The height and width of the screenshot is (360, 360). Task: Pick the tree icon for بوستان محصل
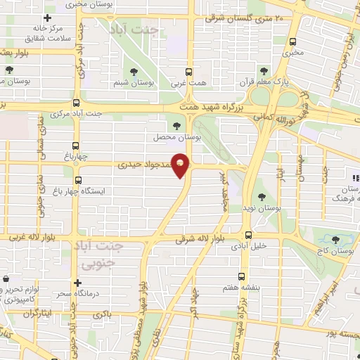176,126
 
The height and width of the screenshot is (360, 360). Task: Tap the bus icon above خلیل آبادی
247,236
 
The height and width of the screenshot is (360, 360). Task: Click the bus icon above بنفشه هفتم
242,276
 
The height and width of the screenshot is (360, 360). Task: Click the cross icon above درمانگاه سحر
77,281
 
